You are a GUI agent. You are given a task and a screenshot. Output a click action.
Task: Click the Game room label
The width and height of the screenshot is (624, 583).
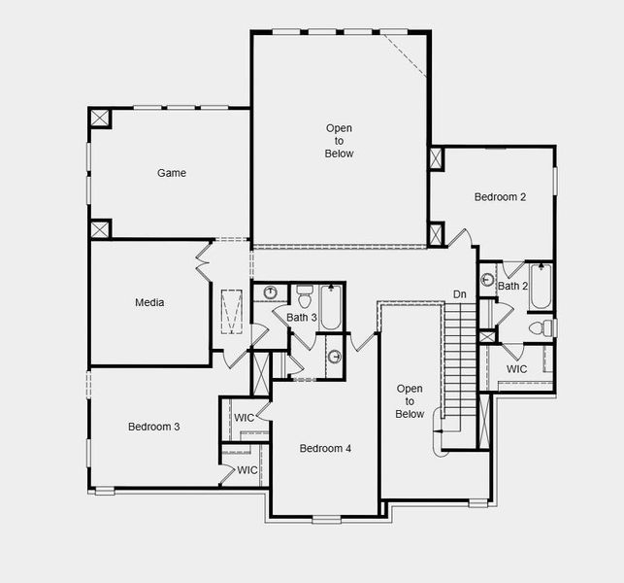click(x=172, y=173)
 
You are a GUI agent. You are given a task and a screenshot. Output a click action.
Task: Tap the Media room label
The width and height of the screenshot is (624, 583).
click(x=149, y=302)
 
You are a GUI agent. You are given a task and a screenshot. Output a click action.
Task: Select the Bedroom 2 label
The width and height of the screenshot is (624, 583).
click(x=500, y=197)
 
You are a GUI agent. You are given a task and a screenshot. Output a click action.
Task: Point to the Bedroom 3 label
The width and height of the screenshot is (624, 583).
click(x=153, y=427)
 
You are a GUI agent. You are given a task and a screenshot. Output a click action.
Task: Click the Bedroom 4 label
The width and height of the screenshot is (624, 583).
click(x=325, y=448)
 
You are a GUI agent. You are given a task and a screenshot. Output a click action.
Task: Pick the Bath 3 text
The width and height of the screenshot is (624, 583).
click(x=301, y=318)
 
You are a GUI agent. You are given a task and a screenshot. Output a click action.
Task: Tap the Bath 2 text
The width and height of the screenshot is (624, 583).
click(x=512, y=286)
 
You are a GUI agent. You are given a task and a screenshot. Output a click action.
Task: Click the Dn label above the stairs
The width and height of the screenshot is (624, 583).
click(x=460, y=294)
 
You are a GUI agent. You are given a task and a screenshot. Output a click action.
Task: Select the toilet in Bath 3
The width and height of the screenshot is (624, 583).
click(x=304, y=293)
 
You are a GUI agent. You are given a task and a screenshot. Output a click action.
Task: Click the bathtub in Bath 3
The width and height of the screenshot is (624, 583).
click(x=331, y=307)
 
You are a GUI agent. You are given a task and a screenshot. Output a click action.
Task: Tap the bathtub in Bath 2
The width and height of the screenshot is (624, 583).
click(x=540, y=286)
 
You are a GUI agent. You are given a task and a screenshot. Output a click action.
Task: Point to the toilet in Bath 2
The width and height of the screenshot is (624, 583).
click(x=540, y=328)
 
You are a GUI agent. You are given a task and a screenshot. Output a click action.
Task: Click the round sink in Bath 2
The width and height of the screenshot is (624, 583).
click(x=487, y=280)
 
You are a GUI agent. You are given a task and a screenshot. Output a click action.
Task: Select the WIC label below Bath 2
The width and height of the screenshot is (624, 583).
click(x=516, y=369)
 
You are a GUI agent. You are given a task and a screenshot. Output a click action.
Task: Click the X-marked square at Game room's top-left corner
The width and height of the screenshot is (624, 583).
click(x=100, y=118)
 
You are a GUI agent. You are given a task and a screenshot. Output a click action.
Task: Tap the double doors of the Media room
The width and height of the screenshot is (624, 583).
click(x=203, y=263)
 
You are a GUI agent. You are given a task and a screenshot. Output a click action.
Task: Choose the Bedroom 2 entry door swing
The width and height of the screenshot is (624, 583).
click(x=463, y=237)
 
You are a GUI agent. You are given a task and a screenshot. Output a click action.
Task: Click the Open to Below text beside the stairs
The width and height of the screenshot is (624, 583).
click(x=410, y=401)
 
